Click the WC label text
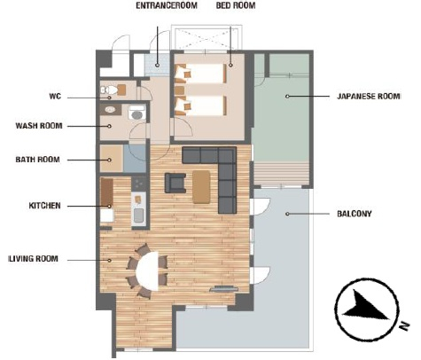(55, 97)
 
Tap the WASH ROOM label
(39, 126)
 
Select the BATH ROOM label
(37, 160)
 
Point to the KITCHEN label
(44, 206)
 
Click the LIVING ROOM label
(34, 259)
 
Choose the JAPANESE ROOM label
(369, 97)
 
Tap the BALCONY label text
(355, 214)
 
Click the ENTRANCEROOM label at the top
(167, 5)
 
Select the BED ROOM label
(236, 5)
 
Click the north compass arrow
(366, 308)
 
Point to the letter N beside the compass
(405, 325)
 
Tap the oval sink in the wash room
(110, 110)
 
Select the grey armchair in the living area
(175, 183)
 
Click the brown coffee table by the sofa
(201, 187)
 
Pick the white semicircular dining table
(147, 271)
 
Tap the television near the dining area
(224, 289)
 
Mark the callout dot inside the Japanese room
(287, 97)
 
